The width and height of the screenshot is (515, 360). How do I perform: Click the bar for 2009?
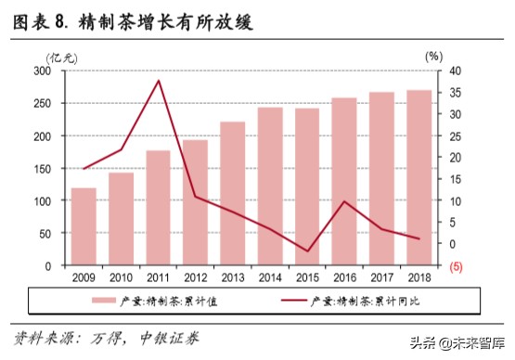[x=84, y=226]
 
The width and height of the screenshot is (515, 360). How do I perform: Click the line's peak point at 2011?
[x=158, y=81]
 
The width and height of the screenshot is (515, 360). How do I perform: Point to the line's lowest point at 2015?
[x=307, y=251]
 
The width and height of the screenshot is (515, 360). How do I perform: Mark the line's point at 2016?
[x=344, y=201]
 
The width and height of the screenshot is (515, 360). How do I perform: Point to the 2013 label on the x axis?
[x=232, y=276]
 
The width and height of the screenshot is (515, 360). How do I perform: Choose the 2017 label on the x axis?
[x=381, y=276]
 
